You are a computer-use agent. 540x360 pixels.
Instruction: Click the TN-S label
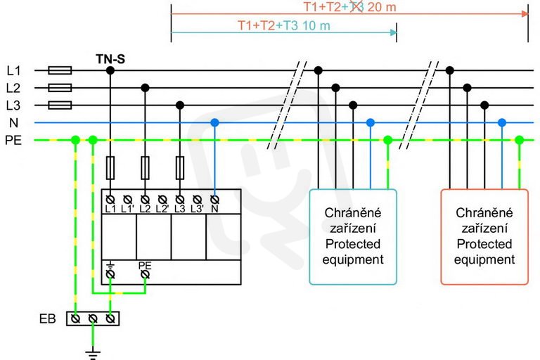point(110,59)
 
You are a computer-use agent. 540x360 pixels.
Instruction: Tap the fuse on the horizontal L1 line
point(60,70)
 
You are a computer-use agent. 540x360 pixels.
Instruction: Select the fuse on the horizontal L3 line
point(60,105)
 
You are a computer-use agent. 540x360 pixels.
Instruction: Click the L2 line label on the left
point(13,88)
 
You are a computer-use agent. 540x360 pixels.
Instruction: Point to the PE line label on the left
point(13,140)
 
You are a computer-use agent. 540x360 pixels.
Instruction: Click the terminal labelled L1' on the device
point(127,200)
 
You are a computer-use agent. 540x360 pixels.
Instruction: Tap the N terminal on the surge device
point(214,200)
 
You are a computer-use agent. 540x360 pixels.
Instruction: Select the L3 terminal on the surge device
point(180,200)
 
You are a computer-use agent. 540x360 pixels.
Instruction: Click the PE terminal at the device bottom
point(145,274)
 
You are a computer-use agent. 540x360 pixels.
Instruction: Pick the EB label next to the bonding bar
point(48,319)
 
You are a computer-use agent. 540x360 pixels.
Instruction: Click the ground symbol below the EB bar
point(93,355)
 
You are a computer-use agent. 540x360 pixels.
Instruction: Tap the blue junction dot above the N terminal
point(214,122)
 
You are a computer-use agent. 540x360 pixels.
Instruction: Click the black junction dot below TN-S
point(110,70)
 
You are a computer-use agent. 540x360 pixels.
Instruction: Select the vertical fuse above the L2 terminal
point(145,168)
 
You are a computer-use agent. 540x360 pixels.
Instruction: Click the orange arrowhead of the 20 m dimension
point(525,14)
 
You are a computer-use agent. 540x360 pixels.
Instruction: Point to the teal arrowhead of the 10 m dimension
point(393,32)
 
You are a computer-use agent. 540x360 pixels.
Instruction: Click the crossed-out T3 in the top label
point(356,6)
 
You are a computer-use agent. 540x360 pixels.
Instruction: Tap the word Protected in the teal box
point(353,244)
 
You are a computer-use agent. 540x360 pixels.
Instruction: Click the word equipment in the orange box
point(484,259)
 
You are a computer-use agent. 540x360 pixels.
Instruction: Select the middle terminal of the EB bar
point(93,319)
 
